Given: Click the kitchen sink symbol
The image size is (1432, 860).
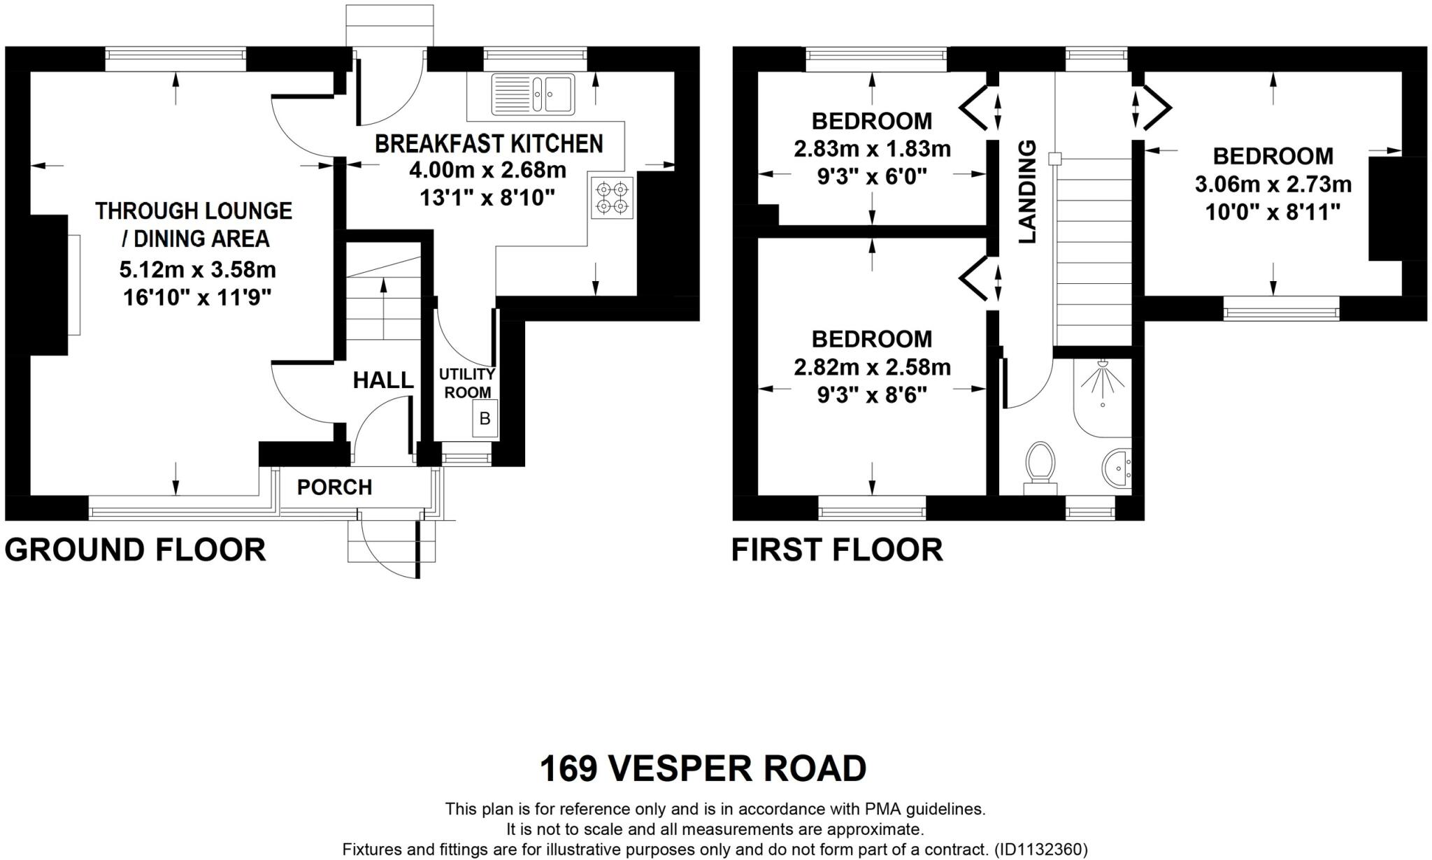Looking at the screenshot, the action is [533, 94].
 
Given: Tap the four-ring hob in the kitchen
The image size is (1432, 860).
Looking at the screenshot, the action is [612, 198].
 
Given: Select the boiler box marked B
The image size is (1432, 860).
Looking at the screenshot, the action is [485, 419].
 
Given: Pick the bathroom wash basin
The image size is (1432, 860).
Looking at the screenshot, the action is [1116, 466].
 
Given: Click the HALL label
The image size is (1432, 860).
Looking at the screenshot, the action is [382, 380].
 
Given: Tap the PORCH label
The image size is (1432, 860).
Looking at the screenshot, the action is [334, 487].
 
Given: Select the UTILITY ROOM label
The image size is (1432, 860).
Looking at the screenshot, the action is [467, 383].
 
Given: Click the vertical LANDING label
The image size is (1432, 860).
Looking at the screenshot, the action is [1026, 192].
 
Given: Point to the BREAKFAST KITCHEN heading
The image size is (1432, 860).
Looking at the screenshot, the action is [489, 143].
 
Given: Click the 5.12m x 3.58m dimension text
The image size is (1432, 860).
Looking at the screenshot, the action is [198, 269].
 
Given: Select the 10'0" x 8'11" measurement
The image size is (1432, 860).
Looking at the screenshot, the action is [1273, 212].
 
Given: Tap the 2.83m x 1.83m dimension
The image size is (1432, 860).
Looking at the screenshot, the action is [872, 149].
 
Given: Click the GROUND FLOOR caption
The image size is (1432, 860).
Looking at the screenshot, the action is [135, 550].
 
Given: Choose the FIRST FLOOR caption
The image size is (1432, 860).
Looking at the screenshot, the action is [837, 550].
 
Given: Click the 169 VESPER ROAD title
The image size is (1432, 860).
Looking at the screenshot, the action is [703, 768].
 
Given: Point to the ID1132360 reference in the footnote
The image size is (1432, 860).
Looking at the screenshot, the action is [1041, 850].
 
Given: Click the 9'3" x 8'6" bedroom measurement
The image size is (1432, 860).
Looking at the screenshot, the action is [872, 396].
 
